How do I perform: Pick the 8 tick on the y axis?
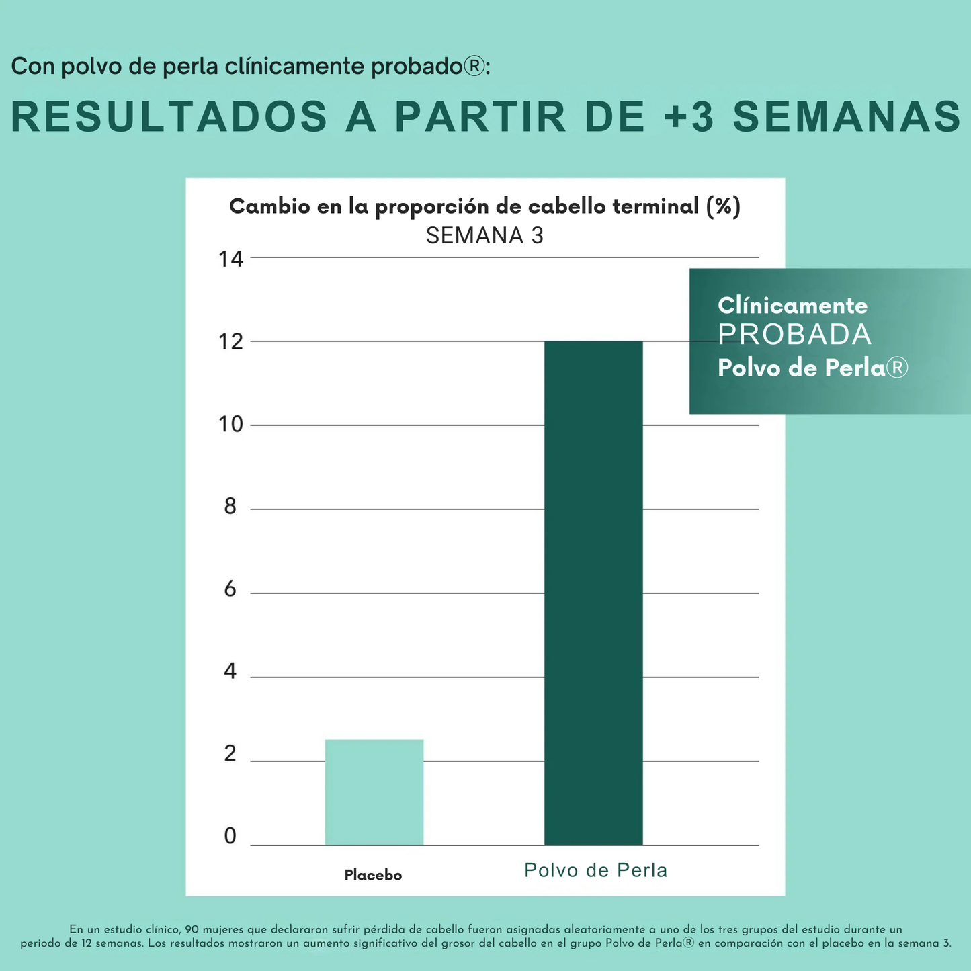pos(230,507)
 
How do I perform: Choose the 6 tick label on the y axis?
pos(230,590)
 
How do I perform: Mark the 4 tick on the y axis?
pos(230,671)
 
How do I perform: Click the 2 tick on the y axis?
pos(230,754)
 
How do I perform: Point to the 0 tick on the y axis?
pos(230,837)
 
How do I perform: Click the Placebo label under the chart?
pos(373,875)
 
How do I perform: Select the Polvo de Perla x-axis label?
pos(595,871)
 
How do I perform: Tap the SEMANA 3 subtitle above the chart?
pos(484,236)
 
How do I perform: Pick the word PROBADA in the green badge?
pos(794,335)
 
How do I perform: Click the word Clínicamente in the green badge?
pos(793,306)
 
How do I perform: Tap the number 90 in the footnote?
pos(192,929)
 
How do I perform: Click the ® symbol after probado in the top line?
pos(474,67)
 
